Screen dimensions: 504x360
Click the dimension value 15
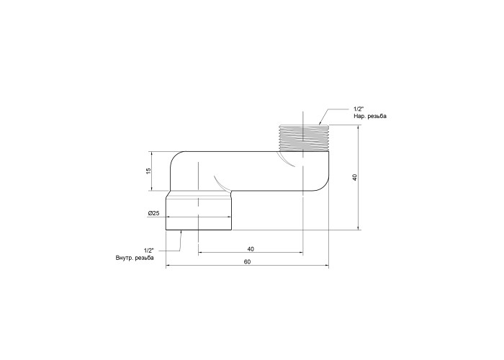148,171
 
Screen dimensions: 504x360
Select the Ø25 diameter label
153,213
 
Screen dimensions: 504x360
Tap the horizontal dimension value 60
247,262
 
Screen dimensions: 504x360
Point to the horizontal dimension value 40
251,249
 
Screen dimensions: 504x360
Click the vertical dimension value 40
354,177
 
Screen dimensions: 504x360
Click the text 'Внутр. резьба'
135,258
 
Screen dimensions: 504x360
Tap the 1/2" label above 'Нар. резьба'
359,109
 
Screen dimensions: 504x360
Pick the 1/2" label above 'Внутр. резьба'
149,250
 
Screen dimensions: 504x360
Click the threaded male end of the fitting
303,138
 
